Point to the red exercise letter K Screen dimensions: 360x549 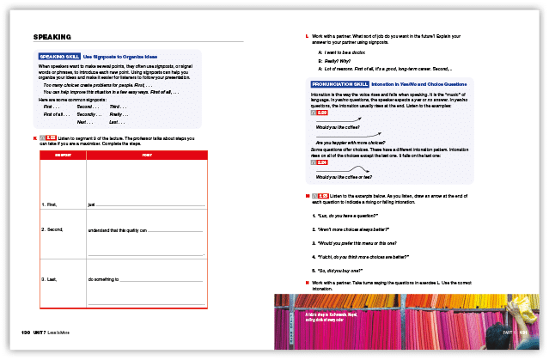35,137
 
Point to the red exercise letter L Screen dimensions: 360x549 307,35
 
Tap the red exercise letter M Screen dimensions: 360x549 307,196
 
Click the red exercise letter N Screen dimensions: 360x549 307,282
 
